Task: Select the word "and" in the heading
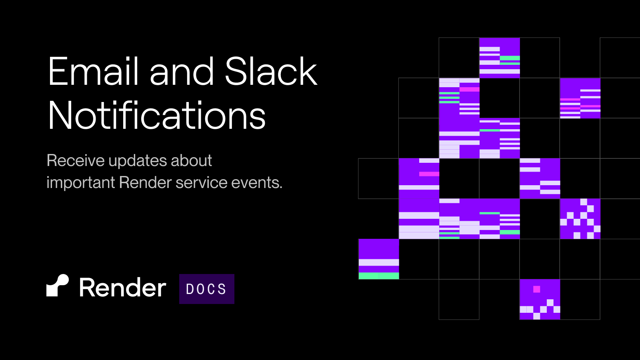182,71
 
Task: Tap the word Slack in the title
271,71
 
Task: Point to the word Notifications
157,115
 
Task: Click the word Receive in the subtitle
76,160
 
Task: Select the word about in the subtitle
191,160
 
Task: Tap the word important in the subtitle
81,183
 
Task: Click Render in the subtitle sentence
146,182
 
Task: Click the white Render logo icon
58,286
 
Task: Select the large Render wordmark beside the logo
122,287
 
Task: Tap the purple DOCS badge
206,289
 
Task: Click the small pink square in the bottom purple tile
536,290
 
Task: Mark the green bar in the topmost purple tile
510,58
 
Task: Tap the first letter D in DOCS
190,289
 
